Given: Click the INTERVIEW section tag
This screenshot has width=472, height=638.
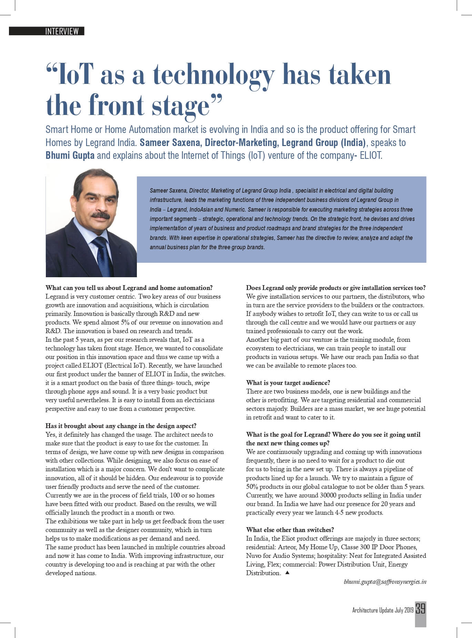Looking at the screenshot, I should click(62, 31).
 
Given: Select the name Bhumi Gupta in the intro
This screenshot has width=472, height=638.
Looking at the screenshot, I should click(70, 155).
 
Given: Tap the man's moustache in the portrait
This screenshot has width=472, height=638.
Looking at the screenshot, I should click(100, 216).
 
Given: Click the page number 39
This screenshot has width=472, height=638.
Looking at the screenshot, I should click(420, 608).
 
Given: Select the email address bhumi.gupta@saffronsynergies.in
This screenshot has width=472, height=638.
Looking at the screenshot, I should click(385, 582).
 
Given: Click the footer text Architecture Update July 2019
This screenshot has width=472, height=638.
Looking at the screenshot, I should click(383, 610).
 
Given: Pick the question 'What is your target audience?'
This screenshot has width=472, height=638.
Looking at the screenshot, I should click(288, 383).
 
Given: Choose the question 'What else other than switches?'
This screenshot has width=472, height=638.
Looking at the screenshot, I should click(290, 530).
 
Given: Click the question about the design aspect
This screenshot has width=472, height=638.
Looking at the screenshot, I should click(121, 426).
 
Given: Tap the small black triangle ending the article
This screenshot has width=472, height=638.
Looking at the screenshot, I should click(288, 572).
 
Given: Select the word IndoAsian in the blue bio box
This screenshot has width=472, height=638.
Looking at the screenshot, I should click(202, 210).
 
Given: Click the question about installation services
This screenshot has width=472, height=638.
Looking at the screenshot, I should click(335, 288).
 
